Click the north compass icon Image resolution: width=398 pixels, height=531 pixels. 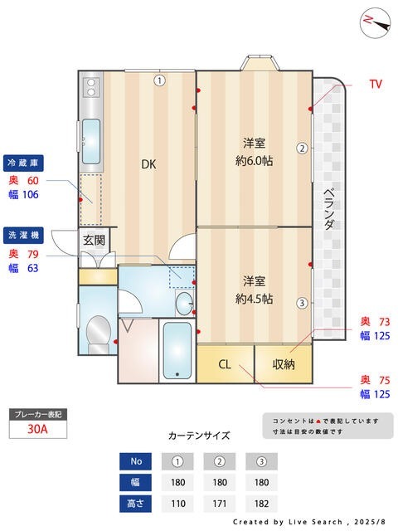coord(376,22)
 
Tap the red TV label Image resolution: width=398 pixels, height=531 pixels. coord(376,84)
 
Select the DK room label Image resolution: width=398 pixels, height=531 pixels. coord(148,164)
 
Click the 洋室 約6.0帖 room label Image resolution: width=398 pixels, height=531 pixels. coord(254,151)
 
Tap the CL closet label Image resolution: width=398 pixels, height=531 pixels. coord(225,363)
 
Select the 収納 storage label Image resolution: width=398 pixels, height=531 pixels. coord(283,363)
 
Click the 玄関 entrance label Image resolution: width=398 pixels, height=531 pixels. coord(94,241)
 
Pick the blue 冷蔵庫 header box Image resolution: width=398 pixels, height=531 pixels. coord(24,163)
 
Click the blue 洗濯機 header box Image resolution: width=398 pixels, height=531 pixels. coord(24,235)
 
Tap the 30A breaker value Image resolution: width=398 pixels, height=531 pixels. coord(36,429)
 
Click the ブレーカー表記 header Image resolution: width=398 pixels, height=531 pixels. coord(36,413)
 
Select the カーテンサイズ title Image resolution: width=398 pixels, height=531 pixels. coord(198,435)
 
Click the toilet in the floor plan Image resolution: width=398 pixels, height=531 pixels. coord(98,332)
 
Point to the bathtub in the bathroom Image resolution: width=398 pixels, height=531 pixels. coord(176,349)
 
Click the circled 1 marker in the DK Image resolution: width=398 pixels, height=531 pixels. coord(158,80)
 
